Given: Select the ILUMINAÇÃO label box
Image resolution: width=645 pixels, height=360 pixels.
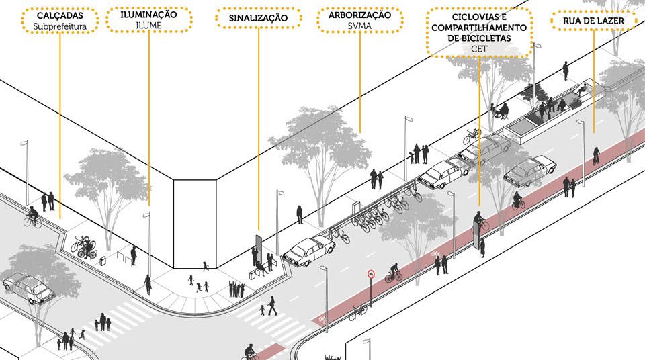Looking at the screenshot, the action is pos(148,19).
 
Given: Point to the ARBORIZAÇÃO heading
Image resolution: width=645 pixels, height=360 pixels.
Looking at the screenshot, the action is pos(360,14).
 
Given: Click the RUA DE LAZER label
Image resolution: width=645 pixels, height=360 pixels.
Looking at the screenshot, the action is pos(593,21).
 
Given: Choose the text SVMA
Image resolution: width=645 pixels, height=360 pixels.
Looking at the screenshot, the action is pos(360,26).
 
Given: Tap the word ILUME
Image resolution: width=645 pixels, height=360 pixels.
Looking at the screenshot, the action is pos(148,26).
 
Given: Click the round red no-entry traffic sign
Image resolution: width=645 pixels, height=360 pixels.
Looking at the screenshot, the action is pos(370,274).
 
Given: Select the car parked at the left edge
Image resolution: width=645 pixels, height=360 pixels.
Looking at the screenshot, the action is pos(28,289).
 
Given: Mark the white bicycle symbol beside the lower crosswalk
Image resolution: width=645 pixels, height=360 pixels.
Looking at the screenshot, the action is pos(322,318).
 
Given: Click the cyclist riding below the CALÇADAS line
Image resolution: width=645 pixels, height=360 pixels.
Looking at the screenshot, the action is pos(32,216).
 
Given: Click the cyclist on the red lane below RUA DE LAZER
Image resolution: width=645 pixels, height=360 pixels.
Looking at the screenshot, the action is pos(595,156).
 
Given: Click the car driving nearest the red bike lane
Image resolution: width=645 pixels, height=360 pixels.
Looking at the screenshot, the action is pos(529,170).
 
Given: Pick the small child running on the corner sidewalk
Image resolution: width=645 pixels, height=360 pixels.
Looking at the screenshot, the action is pos(206,266).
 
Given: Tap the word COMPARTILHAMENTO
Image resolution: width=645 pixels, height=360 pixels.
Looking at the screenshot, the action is pos(478,27).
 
